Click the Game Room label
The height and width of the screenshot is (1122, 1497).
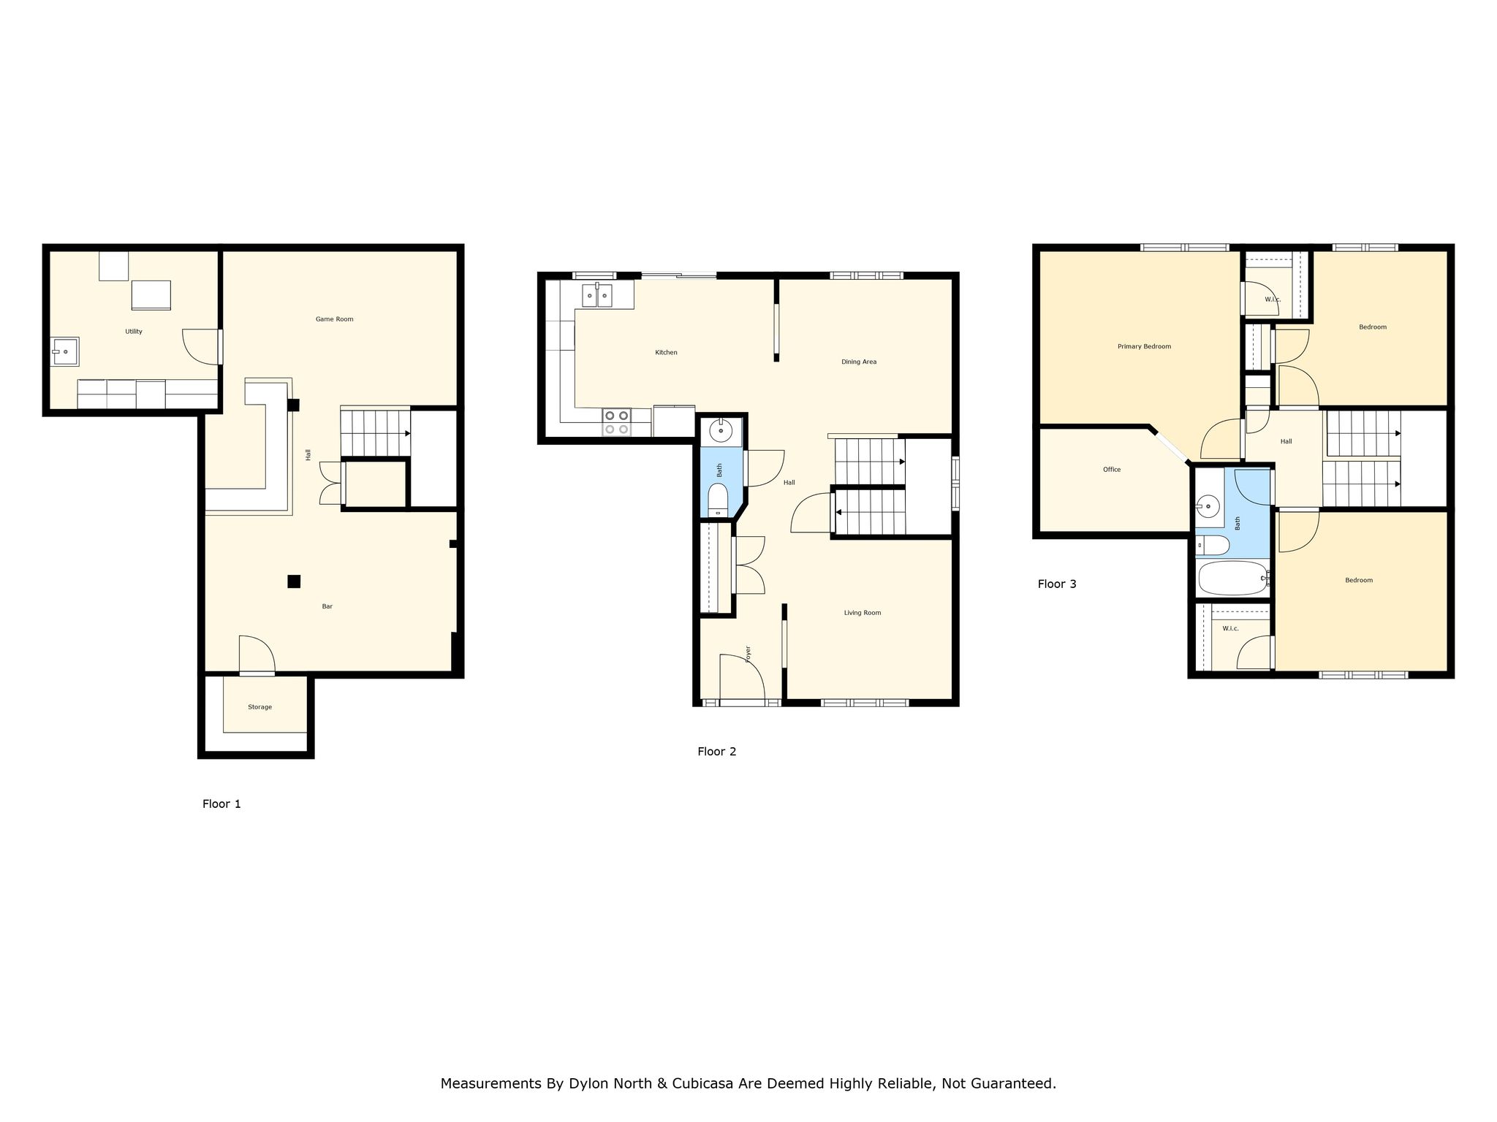pos(334,319)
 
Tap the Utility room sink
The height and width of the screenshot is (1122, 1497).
pos(64,351)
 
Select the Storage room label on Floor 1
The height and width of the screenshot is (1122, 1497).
pos(259,707)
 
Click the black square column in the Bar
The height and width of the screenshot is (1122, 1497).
pos(294,581)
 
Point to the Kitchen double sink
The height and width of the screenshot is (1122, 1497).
pos(597,295)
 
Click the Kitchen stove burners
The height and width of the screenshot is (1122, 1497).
pos(616,422)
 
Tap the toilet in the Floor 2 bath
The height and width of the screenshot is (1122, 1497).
pos(719,500)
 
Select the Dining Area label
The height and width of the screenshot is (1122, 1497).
pos(859,362)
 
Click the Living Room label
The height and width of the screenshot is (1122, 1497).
pos(863,613)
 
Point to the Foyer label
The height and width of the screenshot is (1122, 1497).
pos(748,654)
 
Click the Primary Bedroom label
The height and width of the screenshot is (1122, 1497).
pos(1144,346)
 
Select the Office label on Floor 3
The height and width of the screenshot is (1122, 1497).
pos(1112,470)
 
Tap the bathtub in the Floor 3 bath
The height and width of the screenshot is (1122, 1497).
pos(1234,579)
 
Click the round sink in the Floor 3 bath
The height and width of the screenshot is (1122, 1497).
pos(1209,505)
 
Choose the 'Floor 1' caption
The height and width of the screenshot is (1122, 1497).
pos(221,804)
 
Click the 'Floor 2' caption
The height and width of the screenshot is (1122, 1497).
pos(717,752)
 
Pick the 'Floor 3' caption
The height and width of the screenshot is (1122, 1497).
pos(1057,584)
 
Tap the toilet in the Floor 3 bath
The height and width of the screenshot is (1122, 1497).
pos(1213,545)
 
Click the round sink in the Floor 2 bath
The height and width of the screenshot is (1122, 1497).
pos(721,431)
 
